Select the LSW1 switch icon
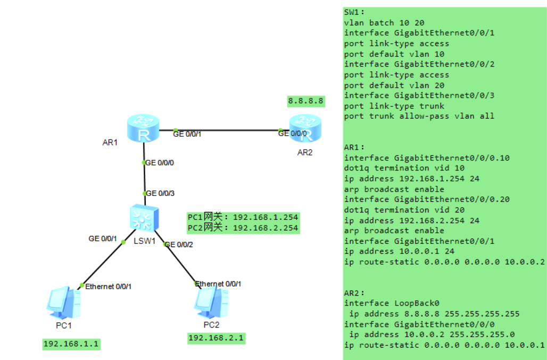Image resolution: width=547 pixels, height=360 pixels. pos(143,217)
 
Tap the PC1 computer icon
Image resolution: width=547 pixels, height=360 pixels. pos(62,302)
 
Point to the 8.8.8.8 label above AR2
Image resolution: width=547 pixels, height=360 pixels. pos(305,100)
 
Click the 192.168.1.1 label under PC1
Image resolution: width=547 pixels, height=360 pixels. pos(71,344)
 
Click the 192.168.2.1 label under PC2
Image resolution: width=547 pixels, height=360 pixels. pos(216,338)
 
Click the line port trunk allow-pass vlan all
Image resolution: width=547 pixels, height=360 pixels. pos(419,116)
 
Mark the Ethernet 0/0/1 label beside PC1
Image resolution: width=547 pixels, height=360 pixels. pos(109,287)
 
